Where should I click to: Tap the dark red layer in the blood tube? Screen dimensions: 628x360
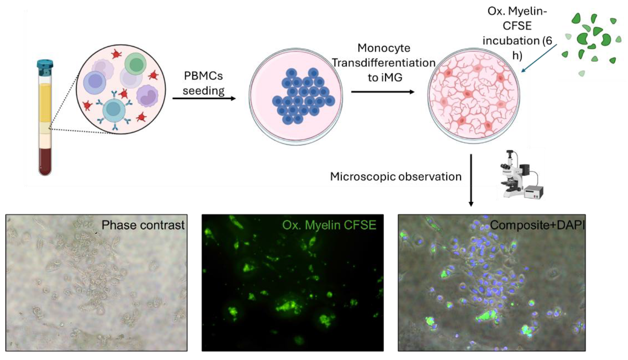tap(45, 160)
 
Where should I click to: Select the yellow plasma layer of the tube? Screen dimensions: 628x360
tap(45, 101)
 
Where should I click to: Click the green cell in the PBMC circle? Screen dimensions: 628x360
tap(135, 64)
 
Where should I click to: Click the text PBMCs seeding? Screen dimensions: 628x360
tap(203, 83)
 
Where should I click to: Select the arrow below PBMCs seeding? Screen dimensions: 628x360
tap(204, 98)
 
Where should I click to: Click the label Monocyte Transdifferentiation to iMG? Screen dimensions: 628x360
tap(384, 63)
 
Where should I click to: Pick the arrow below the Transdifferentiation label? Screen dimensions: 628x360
tap(382, 92)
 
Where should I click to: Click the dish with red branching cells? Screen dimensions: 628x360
tap(473, 95)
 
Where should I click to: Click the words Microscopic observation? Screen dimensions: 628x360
tap(395, 177)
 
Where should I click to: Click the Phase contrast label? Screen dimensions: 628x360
tap(143, 225)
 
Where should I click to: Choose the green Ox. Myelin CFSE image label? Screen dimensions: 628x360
tap(329, 225)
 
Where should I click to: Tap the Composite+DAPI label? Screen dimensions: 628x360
tap(537, 225)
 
